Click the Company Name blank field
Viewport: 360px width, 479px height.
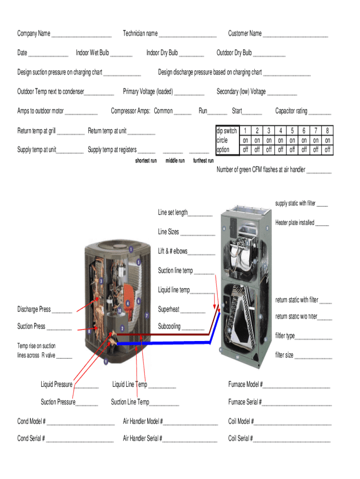(81, 35)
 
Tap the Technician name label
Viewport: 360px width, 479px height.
(140, 33)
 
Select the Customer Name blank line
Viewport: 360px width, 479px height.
(295, 35)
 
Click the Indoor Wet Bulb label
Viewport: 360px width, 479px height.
(92, 53)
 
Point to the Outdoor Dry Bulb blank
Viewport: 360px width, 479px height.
(269, 54)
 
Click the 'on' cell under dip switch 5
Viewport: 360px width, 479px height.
(292, 140)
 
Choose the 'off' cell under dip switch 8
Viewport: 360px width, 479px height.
(328, 150)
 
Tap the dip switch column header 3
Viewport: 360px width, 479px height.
(269, 131)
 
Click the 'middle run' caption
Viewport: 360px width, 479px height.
(175, 161)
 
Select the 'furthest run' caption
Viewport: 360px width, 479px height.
(203, 161)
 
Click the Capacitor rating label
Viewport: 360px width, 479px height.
(291, 111)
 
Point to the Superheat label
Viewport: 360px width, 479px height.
(168, 309)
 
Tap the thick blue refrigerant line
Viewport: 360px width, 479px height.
(164, 343)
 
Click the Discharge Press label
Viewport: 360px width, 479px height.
(34, 309)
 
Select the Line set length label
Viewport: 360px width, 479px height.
(173, 212)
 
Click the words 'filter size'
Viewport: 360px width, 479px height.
(284, 355)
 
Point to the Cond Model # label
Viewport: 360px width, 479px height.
(31, 421)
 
